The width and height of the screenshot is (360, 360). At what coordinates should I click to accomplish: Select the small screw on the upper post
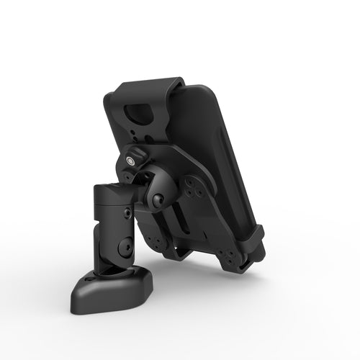click(x=128, y=214)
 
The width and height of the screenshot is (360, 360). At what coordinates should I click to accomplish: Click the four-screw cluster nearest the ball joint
click(x=193, y=189)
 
